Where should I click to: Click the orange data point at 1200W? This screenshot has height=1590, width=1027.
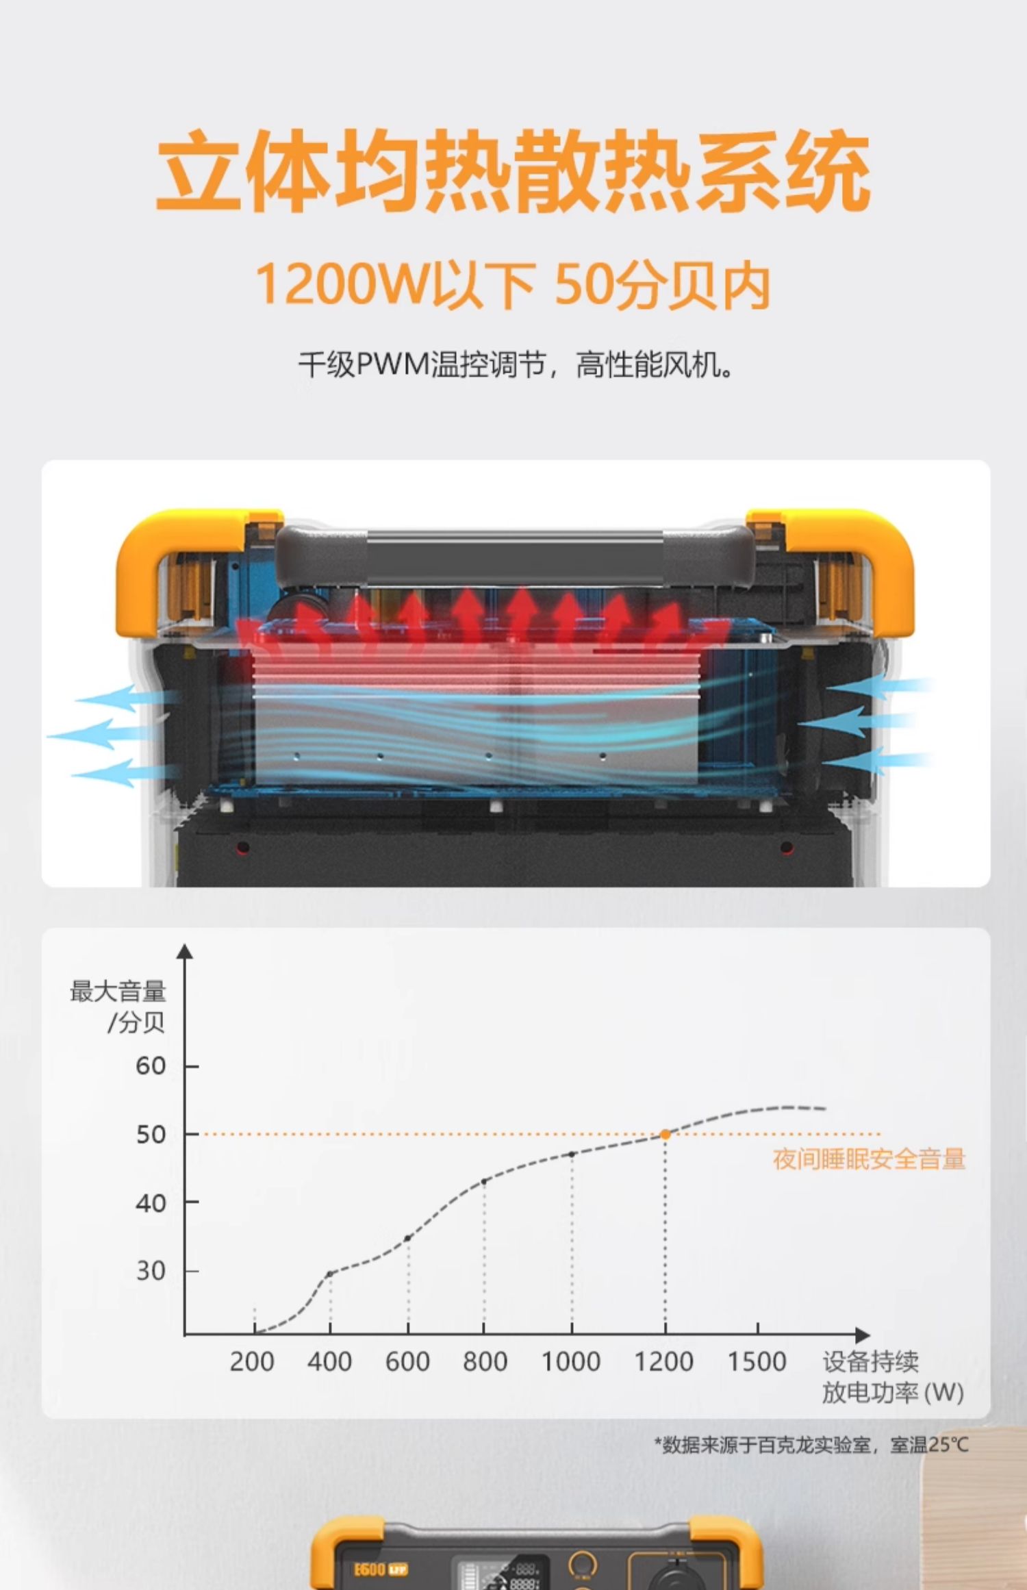[665, 1135]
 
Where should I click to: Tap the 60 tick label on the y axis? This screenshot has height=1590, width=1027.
[151, 1066]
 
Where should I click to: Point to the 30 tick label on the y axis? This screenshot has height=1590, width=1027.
[151, 1271]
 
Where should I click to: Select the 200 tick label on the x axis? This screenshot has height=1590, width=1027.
[252, 1362]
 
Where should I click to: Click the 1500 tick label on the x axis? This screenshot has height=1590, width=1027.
[757, 1362]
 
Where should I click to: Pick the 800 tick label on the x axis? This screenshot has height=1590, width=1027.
[485, 1362]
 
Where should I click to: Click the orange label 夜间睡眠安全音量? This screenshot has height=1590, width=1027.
[869, 1159]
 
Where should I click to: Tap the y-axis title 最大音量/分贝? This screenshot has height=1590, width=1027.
[118, 1007]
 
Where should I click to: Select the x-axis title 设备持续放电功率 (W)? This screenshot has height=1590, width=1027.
[893, 1377]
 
